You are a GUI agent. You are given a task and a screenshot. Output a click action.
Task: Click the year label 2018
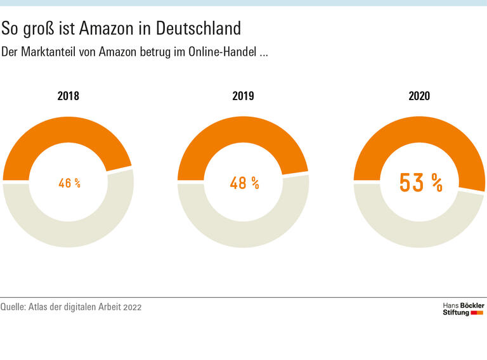click(x=68, y=96)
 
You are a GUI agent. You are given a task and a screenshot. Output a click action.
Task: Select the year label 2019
click(x=243, y=96)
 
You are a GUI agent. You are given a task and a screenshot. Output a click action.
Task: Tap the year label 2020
click(x=419, y=96)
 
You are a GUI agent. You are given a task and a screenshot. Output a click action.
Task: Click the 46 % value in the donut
click(x=69, y=183)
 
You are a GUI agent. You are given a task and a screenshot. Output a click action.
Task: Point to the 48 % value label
click(x=244, y=183)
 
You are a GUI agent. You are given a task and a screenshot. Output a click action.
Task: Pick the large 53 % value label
click(x=420, y=183)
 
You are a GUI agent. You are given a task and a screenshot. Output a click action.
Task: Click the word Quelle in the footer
click(x=13, y=307)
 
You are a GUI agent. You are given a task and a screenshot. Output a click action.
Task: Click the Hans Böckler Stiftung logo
click(x=463, y=309)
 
